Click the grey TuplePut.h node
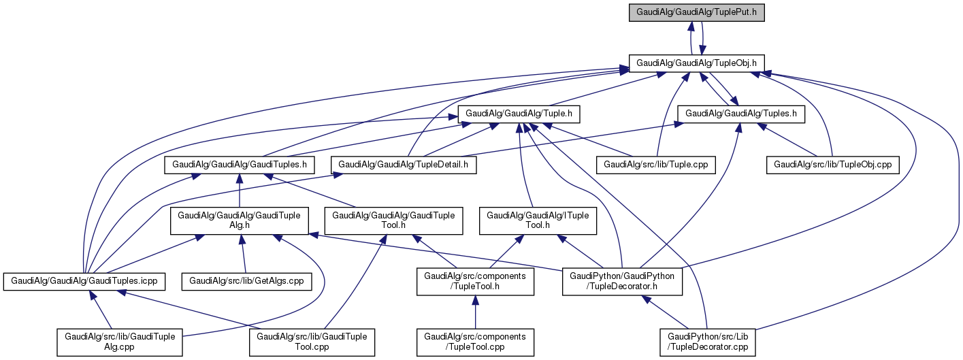697,12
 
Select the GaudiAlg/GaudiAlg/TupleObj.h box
697,63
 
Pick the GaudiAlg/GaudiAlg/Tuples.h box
741,114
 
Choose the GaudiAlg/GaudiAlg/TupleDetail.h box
404,164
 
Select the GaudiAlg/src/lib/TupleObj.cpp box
833,164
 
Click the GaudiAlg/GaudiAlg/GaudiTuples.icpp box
84,280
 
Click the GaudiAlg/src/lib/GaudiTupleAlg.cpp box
120,342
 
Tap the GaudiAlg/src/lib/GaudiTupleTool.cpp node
312,342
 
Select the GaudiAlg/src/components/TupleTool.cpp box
475,342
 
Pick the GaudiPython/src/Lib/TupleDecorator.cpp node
708,342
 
